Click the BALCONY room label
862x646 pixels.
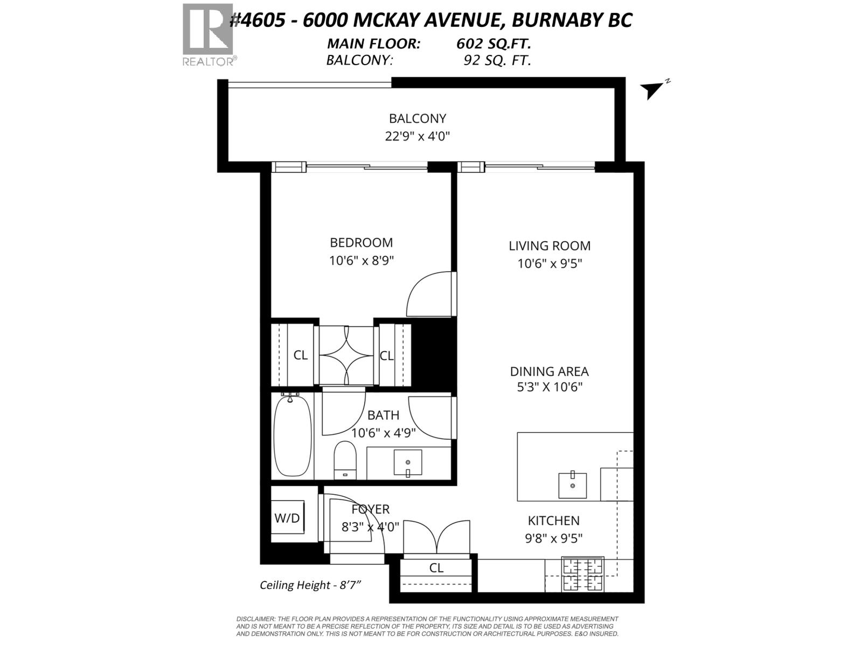pyautogui.click(x=418, y=118)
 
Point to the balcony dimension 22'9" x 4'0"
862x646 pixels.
pyautogui.click(x=417, y=137)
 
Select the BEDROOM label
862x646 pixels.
pyautogui.click(x=362, y=243)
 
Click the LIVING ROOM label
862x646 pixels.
pyautogui.click(x=550, y=246)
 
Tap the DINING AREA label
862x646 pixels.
pyautogui.click(x=550, y=371)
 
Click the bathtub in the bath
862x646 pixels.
pyautogui.click(x=293, y=436)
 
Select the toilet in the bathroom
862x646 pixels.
pyautogui.click(x=345, y=460)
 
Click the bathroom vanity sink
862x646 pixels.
pyautogui.click(x=408, y=463)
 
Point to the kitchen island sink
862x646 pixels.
pyautogui.click(x=573, y=485)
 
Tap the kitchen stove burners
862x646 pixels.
pyautogui.click(x=583, y=575)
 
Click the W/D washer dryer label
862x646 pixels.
pyautogui.click(x=287, y=518)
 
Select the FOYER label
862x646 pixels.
pyautogui.click(x=370, y=509)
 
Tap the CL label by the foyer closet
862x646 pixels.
pyautogui.click(x=436, y=567)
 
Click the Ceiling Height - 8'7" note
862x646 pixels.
pyautogui.click(x=310, y=585)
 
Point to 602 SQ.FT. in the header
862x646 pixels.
pyautogui.click(x=493, y=44)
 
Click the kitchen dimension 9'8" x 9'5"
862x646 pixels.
pyautogui.click(x=554, y=538)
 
